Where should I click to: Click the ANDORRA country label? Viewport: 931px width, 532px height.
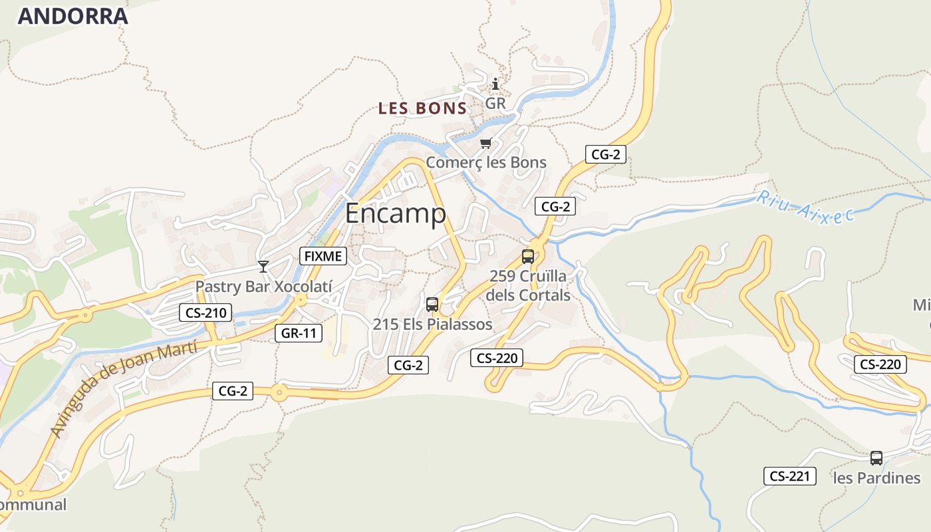(x=72, y=16)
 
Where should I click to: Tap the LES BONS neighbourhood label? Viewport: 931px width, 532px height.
(x=423, y=108)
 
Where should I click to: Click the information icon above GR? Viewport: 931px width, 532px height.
(x=495, y=84)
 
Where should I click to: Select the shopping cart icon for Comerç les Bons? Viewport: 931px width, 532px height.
(x=486, y=144)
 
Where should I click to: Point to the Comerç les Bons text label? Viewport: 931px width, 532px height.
(x=486, y=162)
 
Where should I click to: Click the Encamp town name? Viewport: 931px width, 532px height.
(x=396, y=213)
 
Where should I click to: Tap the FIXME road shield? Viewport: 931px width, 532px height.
(x=324, y=255)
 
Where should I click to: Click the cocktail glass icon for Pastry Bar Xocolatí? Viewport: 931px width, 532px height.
(x=263, y=267)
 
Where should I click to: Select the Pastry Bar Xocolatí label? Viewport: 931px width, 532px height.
(x=263, y=286)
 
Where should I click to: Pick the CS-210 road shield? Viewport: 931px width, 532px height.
(x=205, y=313)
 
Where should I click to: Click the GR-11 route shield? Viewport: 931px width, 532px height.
(x=299, y=333)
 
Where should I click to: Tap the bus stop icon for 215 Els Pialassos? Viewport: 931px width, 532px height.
(x=432, y=305)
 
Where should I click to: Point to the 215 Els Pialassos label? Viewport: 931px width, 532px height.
(x=432, y=325)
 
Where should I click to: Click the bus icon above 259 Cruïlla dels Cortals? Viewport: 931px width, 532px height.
(x=528, y=256)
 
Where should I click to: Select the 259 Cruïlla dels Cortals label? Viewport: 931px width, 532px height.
(x=529, y=285)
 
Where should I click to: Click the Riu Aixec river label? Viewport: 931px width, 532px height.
(x=805, y=207)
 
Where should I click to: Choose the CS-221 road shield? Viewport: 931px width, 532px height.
(x=789, y=476)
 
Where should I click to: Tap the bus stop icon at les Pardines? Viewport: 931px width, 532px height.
(x=876, y=458)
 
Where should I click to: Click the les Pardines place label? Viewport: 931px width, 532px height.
(x=876, y=478)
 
